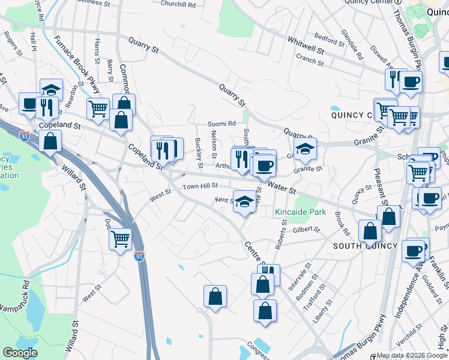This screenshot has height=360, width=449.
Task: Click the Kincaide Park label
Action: click(x=300, y=212)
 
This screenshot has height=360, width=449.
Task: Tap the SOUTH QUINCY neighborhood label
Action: click(x=365, y=246)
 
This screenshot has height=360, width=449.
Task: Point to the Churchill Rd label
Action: click(x=178, y=4)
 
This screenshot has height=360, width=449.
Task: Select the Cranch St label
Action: click(x=310, y=61)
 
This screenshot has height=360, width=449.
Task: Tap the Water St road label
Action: click(x=282, y=188)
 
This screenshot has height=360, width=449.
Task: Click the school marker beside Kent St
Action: click(x=244, y=202)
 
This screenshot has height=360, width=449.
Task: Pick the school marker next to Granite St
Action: click(x=305, y=150)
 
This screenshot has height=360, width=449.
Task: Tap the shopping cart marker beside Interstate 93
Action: click(x=121, y=238)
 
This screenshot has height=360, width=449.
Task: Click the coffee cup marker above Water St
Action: click(x=264, y=165)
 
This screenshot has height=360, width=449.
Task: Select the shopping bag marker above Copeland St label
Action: click(x=121, y=119)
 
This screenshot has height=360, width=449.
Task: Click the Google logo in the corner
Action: click(x=20, y=353)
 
